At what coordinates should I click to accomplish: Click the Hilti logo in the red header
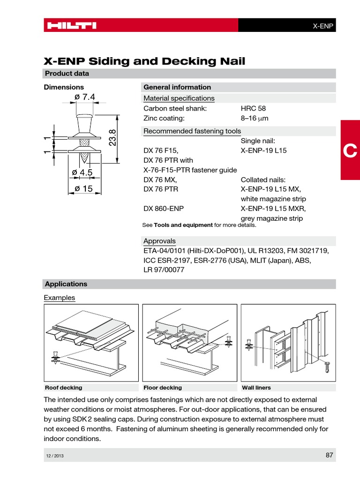coord(71,25)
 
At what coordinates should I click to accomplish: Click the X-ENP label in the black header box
coord(323,26)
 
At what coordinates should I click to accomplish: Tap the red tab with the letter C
coord(350,150)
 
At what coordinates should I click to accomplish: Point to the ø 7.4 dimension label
coord(84,97)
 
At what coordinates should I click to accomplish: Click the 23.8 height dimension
coord(112,138)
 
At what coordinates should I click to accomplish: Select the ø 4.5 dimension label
coord(82,173)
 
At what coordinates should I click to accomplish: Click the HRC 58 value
coord(253,108)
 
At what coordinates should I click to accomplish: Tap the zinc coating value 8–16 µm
coord(255,118)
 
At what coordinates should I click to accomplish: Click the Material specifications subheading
coord(179,98)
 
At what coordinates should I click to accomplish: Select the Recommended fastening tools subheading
coord(192,131)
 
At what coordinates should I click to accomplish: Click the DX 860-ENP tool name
coord(163,209)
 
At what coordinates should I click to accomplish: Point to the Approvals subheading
coord(159,241)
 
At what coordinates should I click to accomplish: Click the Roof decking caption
coord(63,388)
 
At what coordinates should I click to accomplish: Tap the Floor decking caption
coord(163,388)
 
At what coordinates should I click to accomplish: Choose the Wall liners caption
coord(256,388)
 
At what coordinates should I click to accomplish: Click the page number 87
coord(329,455)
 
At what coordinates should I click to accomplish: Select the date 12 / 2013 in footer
coord(54,456)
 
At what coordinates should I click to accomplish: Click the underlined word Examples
coord(59,298)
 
